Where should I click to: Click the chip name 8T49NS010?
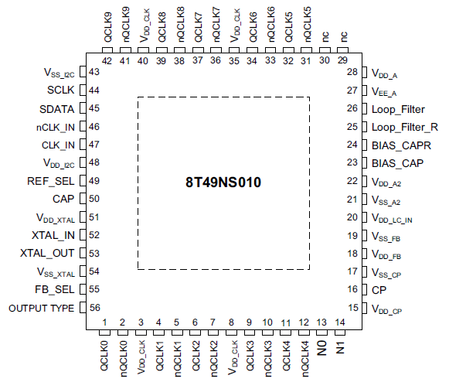[x=223, y=182]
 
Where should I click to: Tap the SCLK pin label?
[x=61, y=90]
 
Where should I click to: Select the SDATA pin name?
[x=56, y=109]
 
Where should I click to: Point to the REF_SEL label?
[x=51, y=181]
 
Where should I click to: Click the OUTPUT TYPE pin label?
[x=42, y=308]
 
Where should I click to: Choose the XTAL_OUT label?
[x=47, y=253]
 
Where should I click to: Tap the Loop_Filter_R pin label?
[x=405, y=127]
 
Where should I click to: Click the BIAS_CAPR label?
[x=401, y=145]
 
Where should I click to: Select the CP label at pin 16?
[x=379, y=290]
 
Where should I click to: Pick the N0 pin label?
[x=321, y=348]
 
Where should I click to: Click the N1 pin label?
[x=340, y=348]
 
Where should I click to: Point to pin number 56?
[x=95, y=308]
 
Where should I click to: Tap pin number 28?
[x=352, y=72]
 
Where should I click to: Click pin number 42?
[x=107, y=61]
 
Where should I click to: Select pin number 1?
[x=104, y=322]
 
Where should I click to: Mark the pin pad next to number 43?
[x=83, y=72]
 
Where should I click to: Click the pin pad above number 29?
[x=342, y=50]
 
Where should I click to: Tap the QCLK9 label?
[x=107, y=27]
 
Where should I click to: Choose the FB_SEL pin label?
[x=55, y=289]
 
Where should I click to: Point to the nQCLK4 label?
[x=304, y=359]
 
